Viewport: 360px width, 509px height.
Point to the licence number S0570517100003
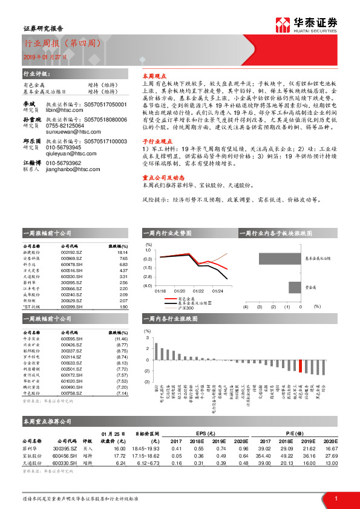coord(106,141)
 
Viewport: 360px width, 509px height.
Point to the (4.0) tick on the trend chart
coord(146,285)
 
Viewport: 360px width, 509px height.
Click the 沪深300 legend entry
coord(186,309)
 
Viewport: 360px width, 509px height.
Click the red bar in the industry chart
coord(301,365)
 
